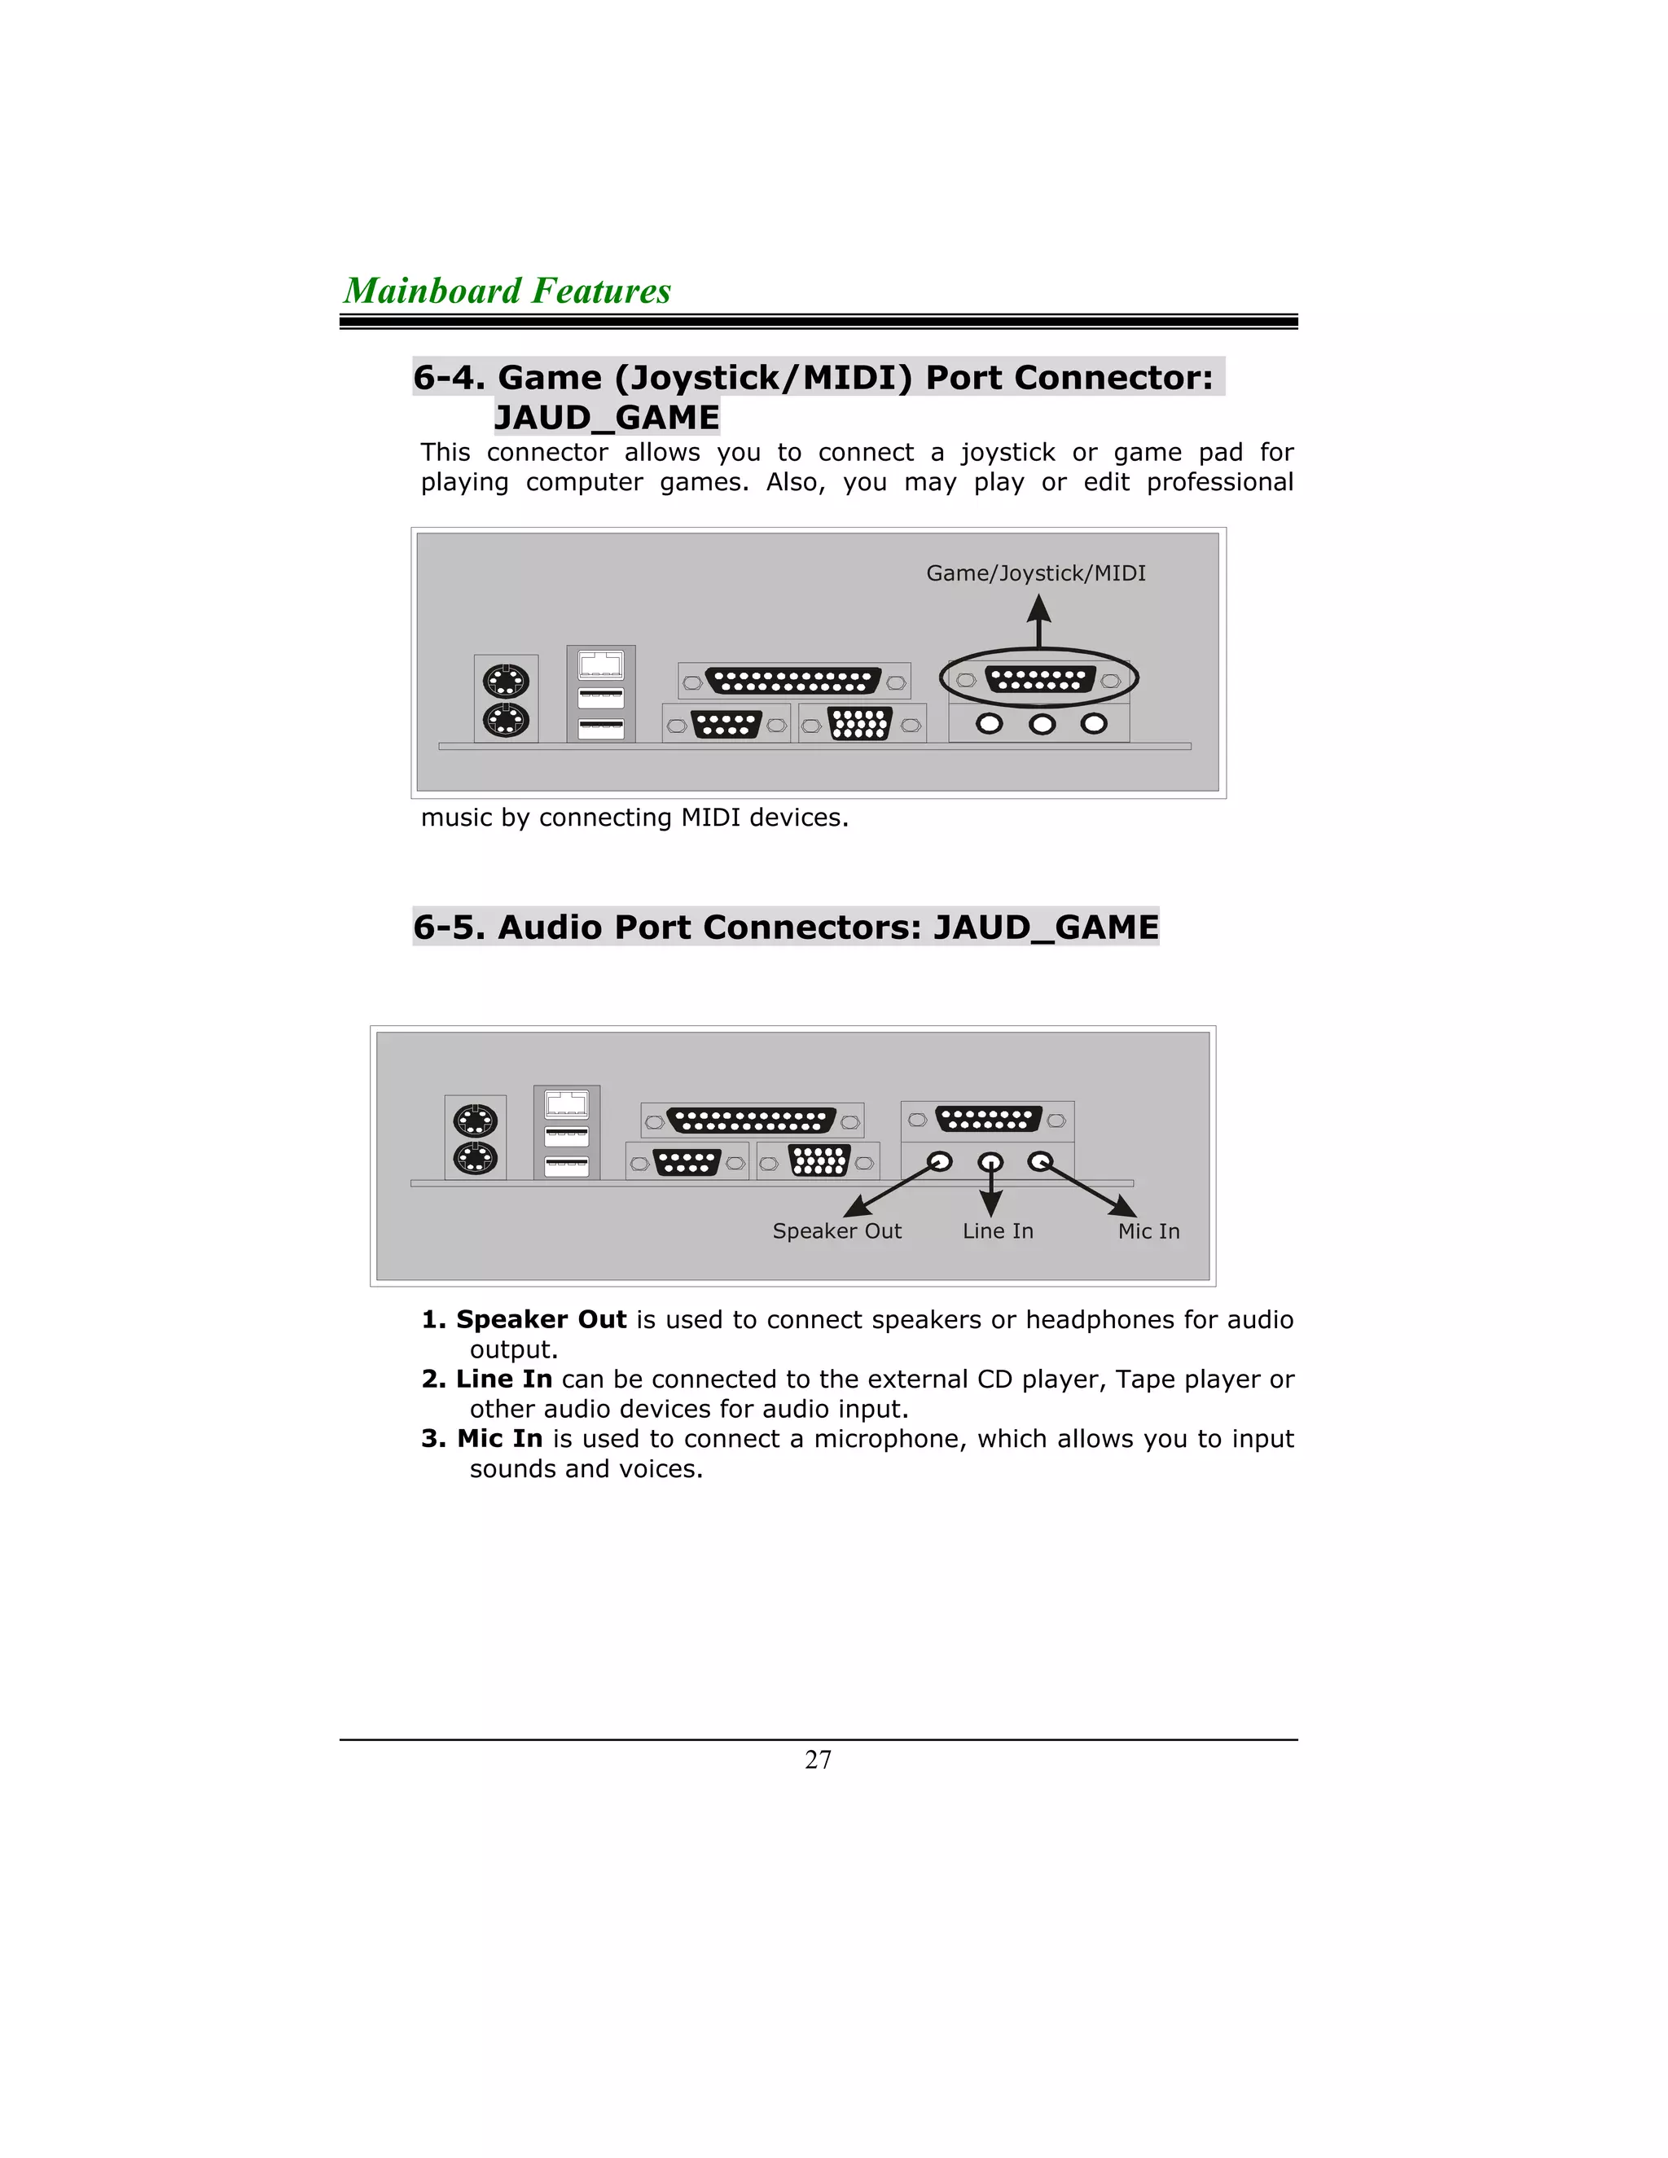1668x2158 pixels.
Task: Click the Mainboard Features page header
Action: [507, 291]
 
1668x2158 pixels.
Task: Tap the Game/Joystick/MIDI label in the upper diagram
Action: [1036, 573]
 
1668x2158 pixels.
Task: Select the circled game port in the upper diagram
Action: [1038, 680]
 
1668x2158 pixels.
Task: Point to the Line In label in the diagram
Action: [997, 1231]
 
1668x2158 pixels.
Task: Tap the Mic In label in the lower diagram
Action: [1148, 1231]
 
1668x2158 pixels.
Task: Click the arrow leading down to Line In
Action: [990, 1191]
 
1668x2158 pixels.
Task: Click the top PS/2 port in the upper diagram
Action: [505, 682]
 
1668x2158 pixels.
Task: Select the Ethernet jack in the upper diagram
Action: [601, 665]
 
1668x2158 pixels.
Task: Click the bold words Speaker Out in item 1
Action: [541, 1320]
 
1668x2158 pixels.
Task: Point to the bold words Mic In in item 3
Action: [499, 1439]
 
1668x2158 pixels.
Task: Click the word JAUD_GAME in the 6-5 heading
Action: [1046, 927]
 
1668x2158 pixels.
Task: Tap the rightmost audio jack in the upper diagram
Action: [1093, 724]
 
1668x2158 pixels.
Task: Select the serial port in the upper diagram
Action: [726, 724]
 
